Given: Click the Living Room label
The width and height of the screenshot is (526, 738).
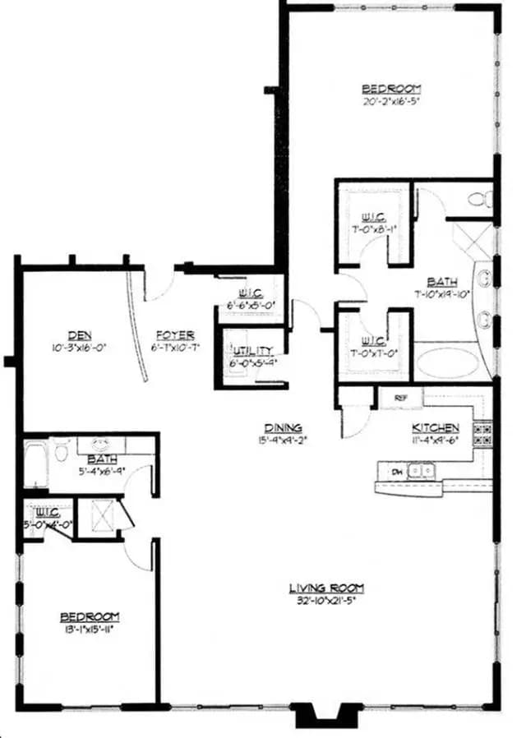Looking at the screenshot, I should click(325, 588).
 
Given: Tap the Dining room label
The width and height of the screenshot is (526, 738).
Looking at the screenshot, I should click(283, 427).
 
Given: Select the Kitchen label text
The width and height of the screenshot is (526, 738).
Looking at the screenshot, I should click(435, 427).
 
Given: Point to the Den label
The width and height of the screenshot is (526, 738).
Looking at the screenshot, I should click(80, 334).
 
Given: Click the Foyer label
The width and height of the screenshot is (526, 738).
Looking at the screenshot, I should click(175, 334).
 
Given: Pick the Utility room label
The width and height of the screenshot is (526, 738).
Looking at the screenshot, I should click(251, 350).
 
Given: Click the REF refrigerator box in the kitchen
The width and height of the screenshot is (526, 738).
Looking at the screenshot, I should click(401, 398).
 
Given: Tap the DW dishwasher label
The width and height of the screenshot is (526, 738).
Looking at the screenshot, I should click(396, 471).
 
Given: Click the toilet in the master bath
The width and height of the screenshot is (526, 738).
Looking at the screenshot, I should click(480, 198).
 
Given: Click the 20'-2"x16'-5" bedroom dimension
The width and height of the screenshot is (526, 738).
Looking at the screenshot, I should click(392, 102).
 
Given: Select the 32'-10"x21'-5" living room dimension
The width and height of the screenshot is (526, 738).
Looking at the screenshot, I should click(325, 601).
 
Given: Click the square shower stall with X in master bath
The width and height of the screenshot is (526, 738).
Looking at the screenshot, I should click(473, 239).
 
